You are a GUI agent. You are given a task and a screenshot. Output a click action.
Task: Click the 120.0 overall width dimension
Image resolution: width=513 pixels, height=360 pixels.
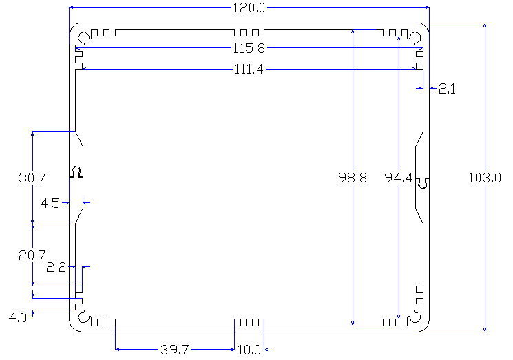point(249,8)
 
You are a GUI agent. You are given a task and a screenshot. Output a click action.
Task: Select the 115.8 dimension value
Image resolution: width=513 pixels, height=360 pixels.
point(249,48)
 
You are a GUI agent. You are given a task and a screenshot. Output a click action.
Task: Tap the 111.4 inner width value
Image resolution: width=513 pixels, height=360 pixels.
point(249,70)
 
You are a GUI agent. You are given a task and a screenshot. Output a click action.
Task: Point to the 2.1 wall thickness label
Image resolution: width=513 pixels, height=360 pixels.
point(447,89)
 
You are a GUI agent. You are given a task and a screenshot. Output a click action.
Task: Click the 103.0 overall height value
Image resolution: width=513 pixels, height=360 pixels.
point(485,178)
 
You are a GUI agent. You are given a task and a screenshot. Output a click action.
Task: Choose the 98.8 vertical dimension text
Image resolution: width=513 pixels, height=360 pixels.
point(353,178)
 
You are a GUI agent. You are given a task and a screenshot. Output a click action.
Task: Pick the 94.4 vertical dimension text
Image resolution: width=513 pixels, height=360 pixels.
point(399,178)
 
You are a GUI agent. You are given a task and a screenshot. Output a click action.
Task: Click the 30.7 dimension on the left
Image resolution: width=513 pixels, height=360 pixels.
point(32,178)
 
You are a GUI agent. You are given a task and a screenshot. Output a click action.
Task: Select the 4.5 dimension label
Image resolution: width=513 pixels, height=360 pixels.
point(50,203)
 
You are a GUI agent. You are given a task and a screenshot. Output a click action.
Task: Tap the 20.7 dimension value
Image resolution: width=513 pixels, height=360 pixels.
point(32,255)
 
